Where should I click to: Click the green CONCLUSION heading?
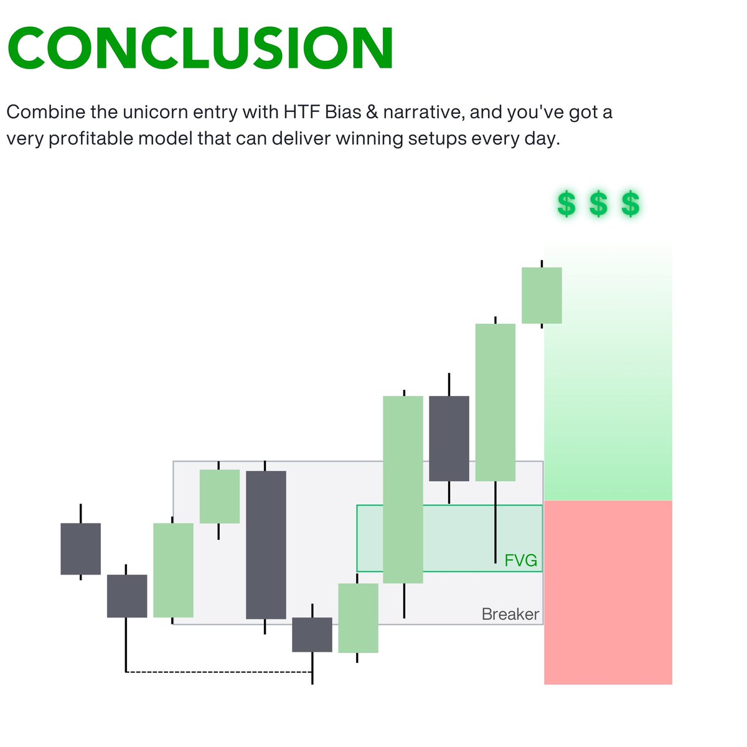(200, 49)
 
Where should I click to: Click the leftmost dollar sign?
(566, 204)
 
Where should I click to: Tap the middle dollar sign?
(598, 204)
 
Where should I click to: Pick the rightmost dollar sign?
(631, 204)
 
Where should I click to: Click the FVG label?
(520, 561)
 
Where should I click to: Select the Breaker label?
(510, 614)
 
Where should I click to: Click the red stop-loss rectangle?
(608, 591)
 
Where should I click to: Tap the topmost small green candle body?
(542, 295)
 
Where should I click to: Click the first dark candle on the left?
(80, 548)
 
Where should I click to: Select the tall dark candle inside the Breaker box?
(266, 545)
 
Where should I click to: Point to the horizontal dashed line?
(218, 672)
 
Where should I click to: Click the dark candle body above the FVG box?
(449, 438)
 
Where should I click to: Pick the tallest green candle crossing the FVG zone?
(403, 489)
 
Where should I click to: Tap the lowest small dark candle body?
(312, 634)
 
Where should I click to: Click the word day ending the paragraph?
(545, 138)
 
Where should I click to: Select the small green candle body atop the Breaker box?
(219, 496)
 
